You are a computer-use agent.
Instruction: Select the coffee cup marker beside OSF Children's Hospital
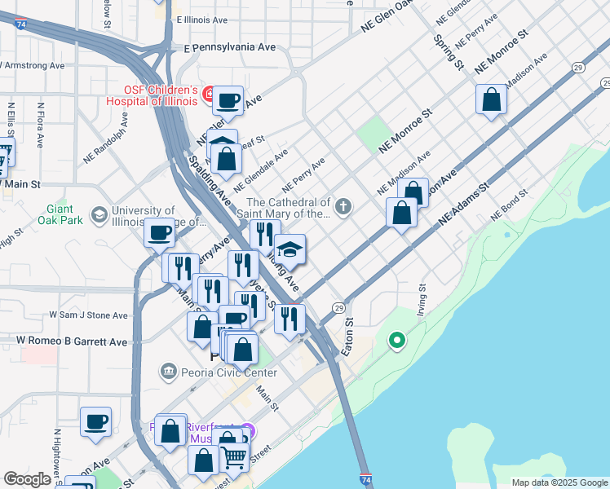point(228,101)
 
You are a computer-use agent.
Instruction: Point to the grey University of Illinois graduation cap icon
point(99,214)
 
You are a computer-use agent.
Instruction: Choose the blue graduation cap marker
point(290,249)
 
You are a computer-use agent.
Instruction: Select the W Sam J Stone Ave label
point(88,315)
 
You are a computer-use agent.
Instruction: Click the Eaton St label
point(347,337)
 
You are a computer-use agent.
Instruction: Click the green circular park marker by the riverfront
point(397,340)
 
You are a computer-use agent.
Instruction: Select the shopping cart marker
point(235,457)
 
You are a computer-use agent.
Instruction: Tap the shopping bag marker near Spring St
point(492,100)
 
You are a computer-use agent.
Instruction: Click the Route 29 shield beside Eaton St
point(337,308)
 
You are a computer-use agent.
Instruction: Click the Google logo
point(27,479)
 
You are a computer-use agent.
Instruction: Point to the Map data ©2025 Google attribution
point(559,482)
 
